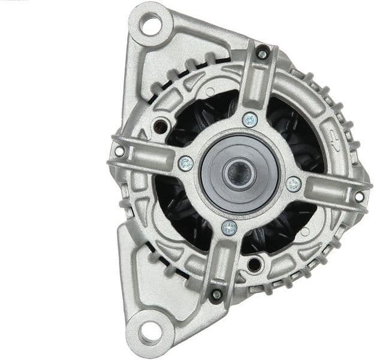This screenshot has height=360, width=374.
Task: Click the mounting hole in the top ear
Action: click(149, 25)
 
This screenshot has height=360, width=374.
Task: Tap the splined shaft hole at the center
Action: click(239, 174)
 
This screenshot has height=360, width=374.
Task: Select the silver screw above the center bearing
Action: click(250, 120)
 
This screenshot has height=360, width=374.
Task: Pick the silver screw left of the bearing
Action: click(186, 163)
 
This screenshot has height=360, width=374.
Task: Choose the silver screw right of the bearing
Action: click(293, 184)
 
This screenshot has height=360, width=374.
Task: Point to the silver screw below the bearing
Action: click(229, 227)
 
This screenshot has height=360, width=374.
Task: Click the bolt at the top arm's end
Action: click(262, 53)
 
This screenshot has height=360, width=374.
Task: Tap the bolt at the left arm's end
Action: click(119, 151)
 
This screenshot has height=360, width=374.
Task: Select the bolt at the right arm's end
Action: click(359, 196)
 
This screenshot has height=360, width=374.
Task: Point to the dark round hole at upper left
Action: click(161, 127)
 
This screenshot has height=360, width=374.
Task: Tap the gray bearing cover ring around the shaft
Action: click(211, 180)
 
